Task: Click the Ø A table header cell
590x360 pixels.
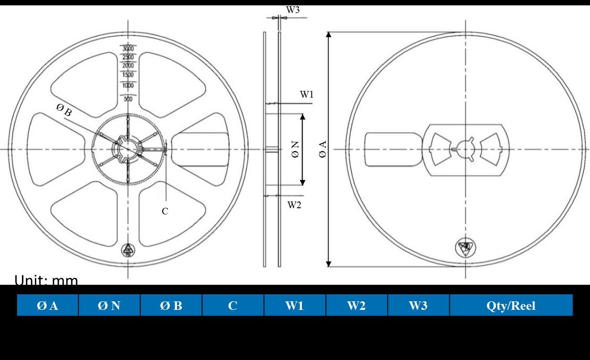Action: (47, 305)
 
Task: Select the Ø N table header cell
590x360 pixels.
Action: (109, 305)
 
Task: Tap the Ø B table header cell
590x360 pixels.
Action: (171, 305)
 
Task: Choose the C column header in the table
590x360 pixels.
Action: (233, 305)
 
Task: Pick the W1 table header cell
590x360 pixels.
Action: (295, 305)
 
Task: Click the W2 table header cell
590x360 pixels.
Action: (357, 305)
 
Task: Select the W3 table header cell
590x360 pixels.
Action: (418, 305)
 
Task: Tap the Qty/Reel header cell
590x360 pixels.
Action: (511, 305)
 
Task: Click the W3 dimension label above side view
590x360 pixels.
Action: (293, 10)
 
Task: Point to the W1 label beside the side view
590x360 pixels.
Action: (307, 94)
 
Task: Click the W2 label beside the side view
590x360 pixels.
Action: (294, 205)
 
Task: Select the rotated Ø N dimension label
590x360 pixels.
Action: (295, 149)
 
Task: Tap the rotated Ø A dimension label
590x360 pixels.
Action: (323, 149)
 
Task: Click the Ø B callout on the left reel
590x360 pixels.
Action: (64, 109)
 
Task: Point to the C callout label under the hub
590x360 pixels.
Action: (165, 211)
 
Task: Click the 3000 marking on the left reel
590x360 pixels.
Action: (129, 49)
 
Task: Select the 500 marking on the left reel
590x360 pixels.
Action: (129, 99)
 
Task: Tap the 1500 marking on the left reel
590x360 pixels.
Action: (129, 75)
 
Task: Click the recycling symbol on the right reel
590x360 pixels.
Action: (466, 247)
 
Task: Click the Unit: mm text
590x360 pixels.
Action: (46, 280)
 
